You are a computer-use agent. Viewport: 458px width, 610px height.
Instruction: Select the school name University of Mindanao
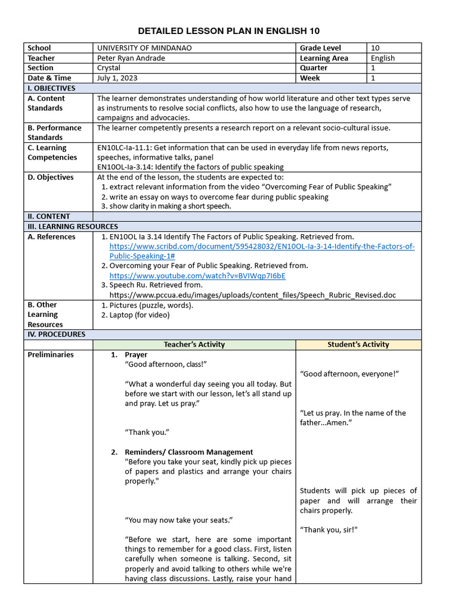point(144,48)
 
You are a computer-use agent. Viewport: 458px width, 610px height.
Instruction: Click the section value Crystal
point(109,68)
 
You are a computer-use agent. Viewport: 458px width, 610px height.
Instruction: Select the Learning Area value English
point(383,58)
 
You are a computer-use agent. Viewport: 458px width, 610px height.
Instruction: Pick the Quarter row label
point(314,68)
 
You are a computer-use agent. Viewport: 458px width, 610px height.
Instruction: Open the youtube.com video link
point(197,276)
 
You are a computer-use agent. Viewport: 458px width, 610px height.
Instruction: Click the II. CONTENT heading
point(49,216)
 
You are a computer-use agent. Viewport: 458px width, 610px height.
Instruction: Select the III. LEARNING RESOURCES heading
point(73,226)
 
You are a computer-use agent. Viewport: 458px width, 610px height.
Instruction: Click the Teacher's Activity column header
point(194,344)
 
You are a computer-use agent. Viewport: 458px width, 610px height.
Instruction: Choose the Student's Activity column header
point(358,344)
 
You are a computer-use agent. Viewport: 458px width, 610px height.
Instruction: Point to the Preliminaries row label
point(51,354)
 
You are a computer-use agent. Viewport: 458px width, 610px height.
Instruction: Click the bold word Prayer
point(136,354)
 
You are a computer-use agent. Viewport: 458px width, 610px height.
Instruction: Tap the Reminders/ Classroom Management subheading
point(188,452)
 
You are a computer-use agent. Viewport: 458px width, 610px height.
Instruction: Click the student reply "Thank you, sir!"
point(329,530)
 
